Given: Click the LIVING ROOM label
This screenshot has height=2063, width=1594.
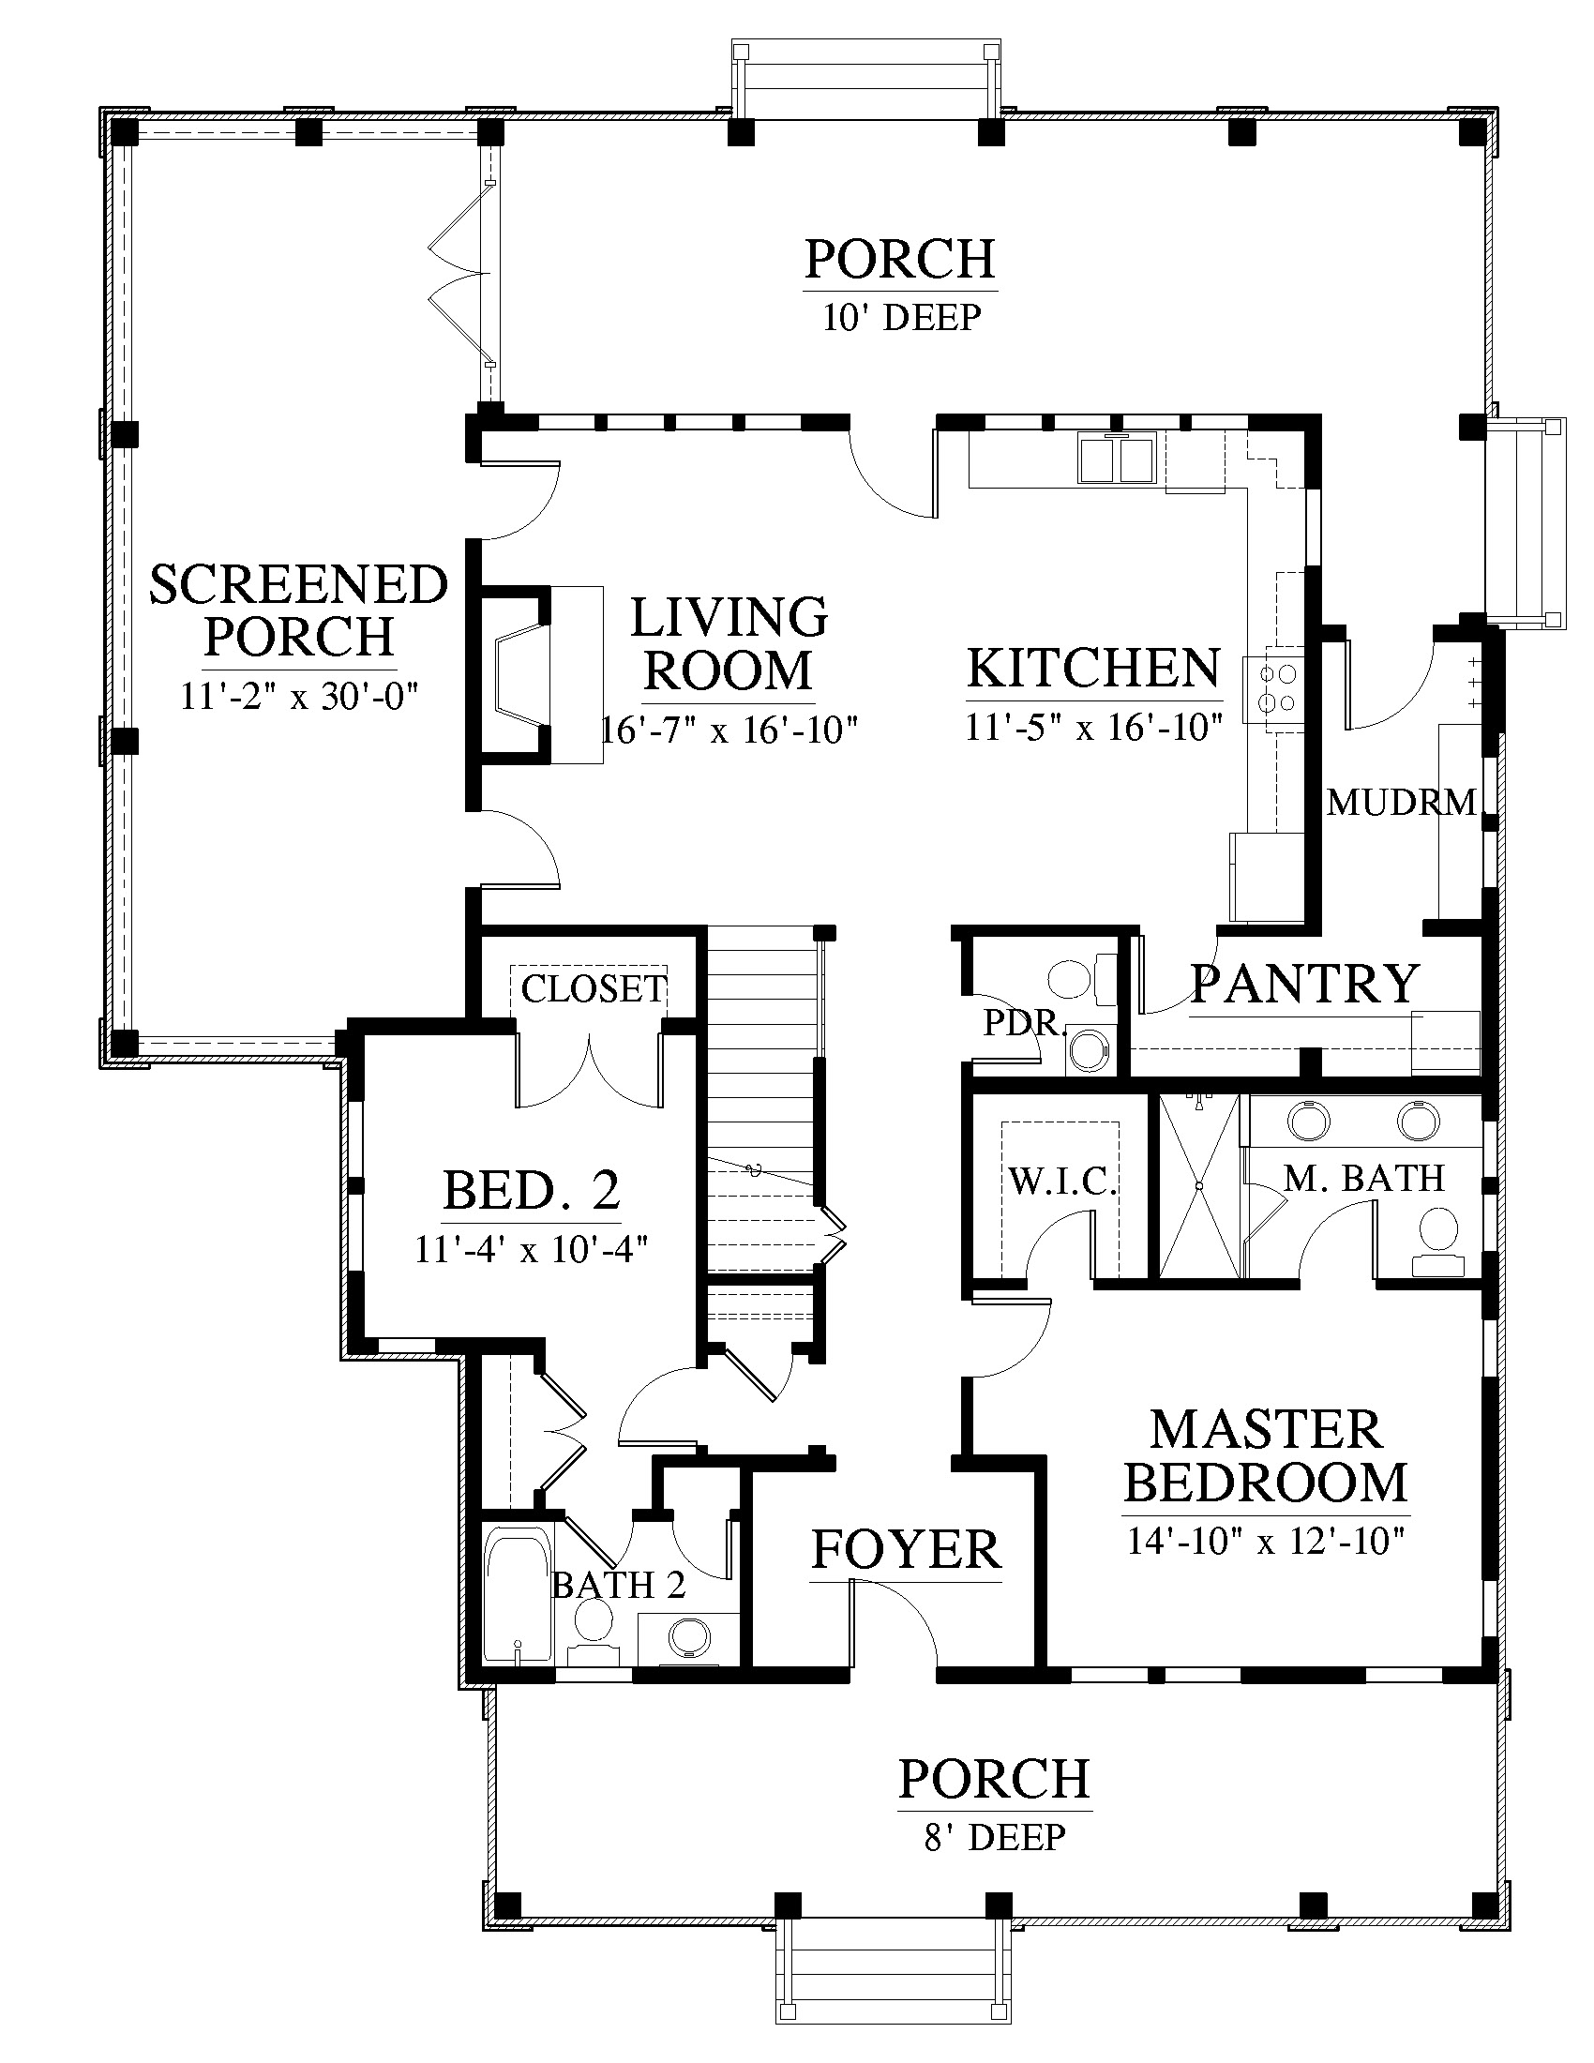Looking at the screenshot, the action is pyautogui.click(x=729, y=644).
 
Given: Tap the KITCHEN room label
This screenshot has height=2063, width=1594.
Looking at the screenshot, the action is pyautogui.click(x=1093, y=669).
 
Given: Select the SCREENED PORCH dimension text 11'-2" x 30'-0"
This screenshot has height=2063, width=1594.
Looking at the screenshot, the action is pyautogui.click(x=299, y=697).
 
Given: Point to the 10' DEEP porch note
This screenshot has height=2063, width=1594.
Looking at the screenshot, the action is pyautogui.click(x=901, y=317).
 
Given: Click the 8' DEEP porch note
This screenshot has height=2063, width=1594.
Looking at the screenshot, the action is pyautogui.click(x=994, y=1837).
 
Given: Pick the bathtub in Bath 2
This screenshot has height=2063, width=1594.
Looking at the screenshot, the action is pyautogui.click(x=517, y=1595).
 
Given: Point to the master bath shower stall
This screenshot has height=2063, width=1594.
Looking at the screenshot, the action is pyautogui.click(x=1199, y=1186).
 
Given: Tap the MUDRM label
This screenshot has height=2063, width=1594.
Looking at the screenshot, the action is pyautogui.click(x=1401, y=803).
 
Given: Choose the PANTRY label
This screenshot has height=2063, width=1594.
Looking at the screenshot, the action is pyautogui.click(x=1305, y=984).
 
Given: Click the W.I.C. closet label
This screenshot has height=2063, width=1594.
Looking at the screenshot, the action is pyautogui.click(x=1062, y=1181).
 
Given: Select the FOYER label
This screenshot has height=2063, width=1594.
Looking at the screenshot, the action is pyautogui.click(x=906, y=1550).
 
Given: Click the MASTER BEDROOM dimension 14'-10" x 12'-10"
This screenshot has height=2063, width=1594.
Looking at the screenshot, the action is pyautogui.click(x=1266, y=1543).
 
